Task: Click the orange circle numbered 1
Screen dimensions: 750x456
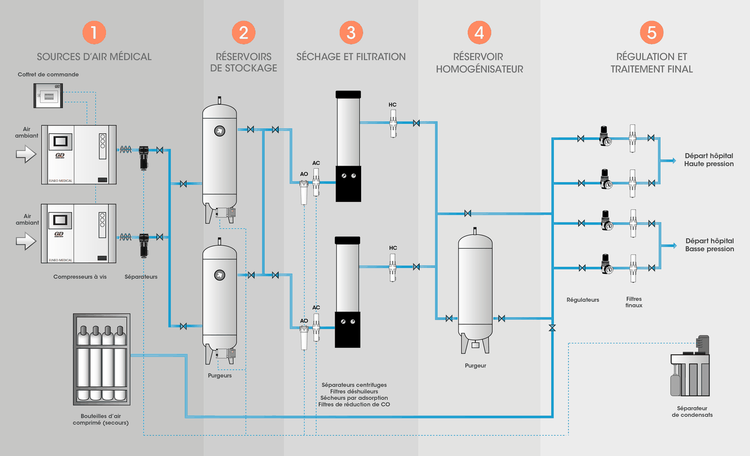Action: point(94,33)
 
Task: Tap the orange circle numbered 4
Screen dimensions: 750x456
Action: point(479,33)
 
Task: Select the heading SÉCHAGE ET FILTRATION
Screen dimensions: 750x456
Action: point(351,57)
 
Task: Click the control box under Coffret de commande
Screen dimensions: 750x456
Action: point(48,96)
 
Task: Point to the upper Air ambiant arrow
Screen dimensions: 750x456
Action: point(26,154)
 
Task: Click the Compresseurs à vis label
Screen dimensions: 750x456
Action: point(80,276)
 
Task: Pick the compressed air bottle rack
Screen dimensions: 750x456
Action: point(102,359)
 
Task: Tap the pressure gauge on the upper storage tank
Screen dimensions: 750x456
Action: point(220,131)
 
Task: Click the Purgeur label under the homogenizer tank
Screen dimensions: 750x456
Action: point(476,365)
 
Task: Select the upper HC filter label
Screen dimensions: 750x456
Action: point(392,104)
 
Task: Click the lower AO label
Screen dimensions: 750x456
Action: point(304,321)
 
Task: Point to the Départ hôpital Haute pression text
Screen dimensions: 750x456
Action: point(709,160)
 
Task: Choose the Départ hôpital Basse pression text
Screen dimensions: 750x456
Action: point(709,245)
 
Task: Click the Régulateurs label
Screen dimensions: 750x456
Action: point(583,300)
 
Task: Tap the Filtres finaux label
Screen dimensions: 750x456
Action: point(634,302)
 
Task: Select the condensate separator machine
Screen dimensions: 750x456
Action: point(690,366)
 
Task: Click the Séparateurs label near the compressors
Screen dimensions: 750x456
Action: point(141,276)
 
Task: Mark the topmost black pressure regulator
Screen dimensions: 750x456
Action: point(605,136)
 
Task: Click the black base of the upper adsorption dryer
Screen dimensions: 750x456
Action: point(348,184)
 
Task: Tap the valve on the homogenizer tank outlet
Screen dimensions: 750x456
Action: point(501,318)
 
